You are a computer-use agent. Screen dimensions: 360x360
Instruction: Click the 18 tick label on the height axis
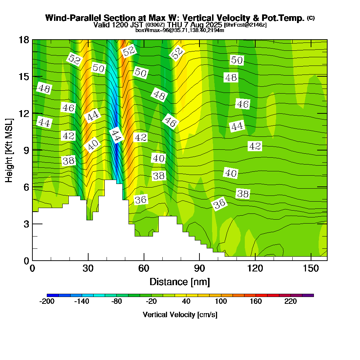click(24, 40)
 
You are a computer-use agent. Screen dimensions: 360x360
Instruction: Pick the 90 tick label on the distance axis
click(199, 268)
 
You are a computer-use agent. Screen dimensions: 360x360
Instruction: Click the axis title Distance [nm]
click(180, 282)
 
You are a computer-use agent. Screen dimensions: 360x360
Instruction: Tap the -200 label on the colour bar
click(46, 302)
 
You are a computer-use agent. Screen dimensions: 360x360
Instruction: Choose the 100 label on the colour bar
click(221, 302)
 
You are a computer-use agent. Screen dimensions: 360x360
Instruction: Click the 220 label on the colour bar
click(291, 302)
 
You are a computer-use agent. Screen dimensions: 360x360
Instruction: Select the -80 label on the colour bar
click(116, 302)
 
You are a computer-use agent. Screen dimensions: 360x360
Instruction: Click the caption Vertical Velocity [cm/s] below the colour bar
click(180, 315)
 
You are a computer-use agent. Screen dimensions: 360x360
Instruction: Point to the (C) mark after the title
click(311, 18)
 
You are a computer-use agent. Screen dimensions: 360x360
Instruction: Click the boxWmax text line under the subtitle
click(180, 30)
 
